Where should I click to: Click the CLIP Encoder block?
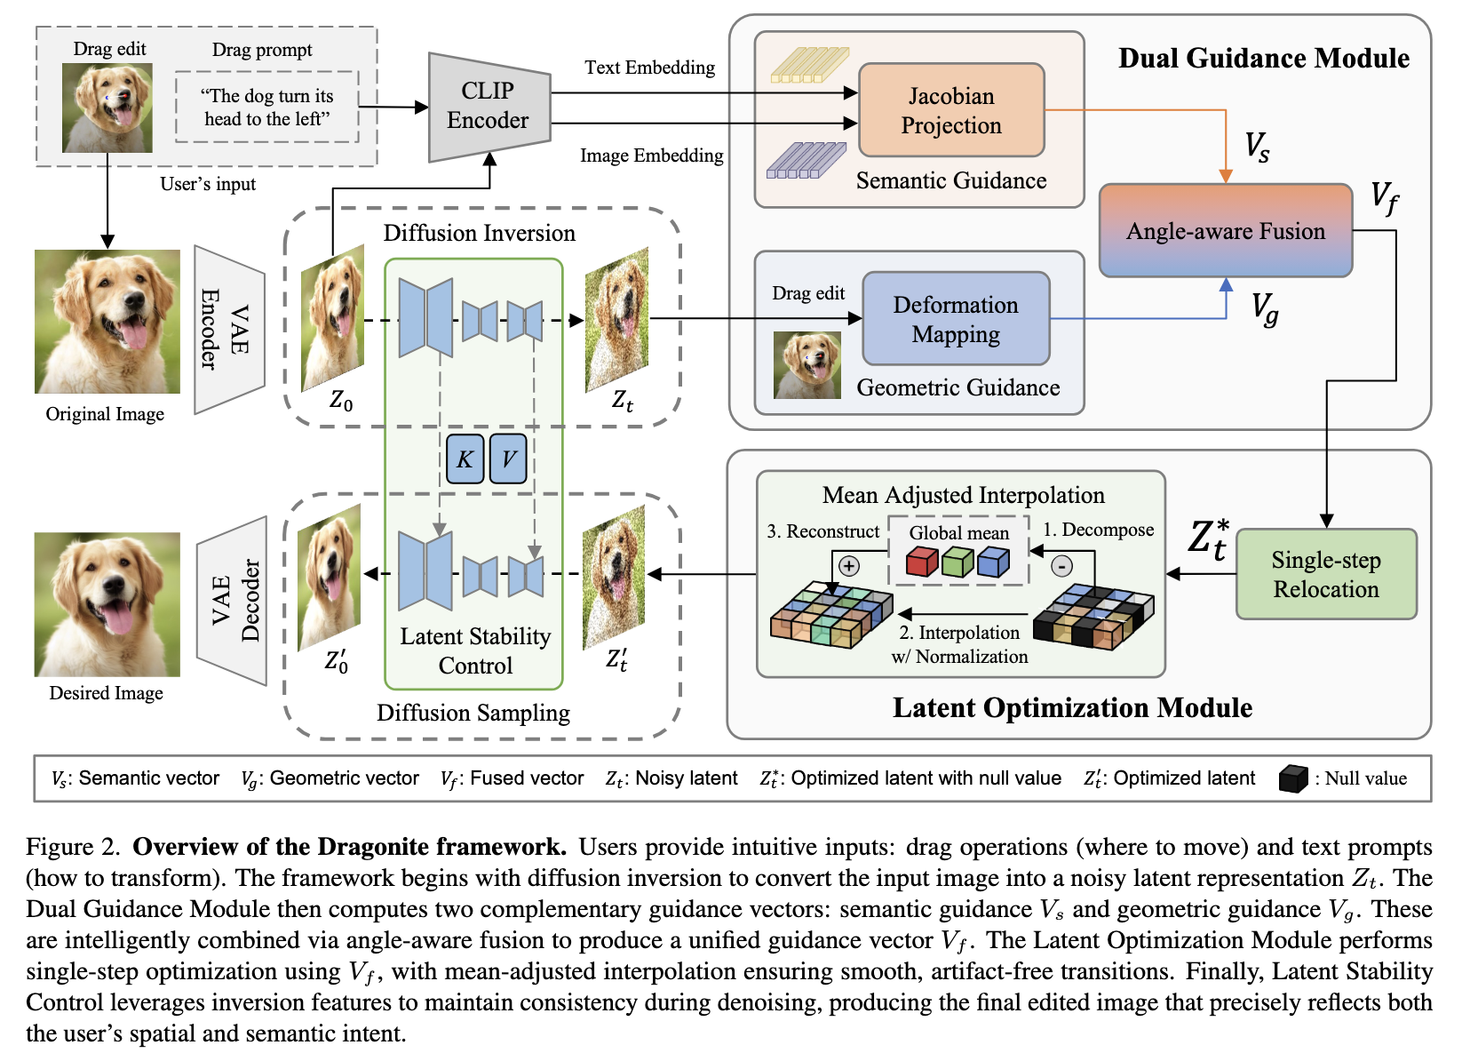tap(489, 108)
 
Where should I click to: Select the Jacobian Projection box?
tap(951, 109)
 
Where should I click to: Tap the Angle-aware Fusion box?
tap(1225, 230)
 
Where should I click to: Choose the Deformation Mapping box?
tap(956, 319)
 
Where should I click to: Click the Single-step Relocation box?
tap(1325, 574)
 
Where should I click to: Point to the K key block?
tap(465, 459)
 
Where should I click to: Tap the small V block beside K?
tap(508, 459)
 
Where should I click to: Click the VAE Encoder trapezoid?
tap(229, 330)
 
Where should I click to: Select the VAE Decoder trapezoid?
tap(233, 601)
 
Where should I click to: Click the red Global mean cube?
tap(922, 562)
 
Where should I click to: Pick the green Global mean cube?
tap(957, 562)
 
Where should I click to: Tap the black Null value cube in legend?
tap(1293, 778)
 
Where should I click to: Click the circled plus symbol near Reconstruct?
tap(848, 565)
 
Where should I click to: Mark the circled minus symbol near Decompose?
tap(1062, 565)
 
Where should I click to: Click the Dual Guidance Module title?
tap(1264, 58)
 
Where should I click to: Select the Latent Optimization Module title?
tap(1072, 707)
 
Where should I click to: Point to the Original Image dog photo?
tap(107, 322)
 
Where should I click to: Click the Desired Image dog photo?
tap(107, 604)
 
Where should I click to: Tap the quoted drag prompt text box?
tap(267, 108)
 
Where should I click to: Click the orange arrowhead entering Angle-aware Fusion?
tap(1226, 176)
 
